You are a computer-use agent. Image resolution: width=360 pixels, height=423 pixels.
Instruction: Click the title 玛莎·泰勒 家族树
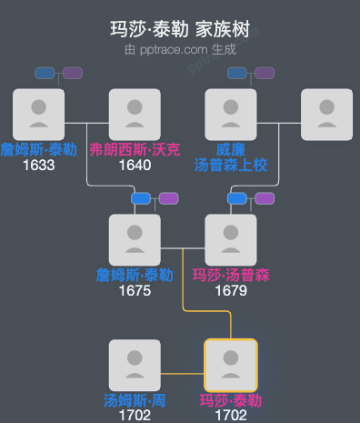pyautogui.click(x=180, y=31)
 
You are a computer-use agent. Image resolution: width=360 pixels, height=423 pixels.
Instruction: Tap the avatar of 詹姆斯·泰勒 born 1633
pyautogui.click(x=39, y=115)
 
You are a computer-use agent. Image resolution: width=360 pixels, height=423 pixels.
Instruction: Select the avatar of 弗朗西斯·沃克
pyautogui.click(x=135, y=115)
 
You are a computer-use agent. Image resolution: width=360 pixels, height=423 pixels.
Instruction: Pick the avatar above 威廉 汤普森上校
pyautogui.click(x=231, y=115)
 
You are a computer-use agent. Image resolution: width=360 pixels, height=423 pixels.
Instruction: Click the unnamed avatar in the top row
pyautogui.click(x=326, y=115)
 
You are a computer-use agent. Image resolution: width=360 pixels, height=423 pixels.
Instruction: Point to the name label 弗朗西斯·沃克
pyautogui.click(x=135, y=150)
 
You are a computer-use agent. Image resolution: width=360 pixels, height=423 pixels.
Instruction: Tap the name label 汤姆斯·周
pyautogui.click(x=135, y=400)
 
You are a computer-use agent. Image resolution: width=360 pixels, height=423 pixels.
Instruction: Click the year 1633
pyautogui.click(x=39, y=166)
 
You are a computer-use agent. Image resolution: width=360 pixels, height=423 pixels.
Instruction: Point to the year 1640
pyautogui.click(x=135, y=166)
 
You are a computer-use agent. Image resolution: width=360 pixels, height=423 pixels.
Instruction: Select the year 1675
pyautogui.click(x=135, y=291)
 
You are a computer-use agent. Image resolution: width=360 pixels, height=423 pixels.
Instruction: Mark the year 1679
pyautogui.click(x=231, y=291)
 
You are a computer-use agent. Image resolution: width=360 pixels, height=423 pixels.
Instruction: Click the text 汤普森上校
pyautogui.click(x=231, y=165)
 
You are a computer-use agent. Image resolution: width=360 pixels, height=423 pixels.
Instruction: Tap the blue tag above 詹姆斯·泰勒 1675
pyautogui.click(x=141, y=198)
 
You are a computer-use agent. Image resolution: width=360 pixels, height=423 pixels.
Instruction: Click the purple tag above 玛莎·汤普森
pyautogui.click(x=265, y=198)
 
